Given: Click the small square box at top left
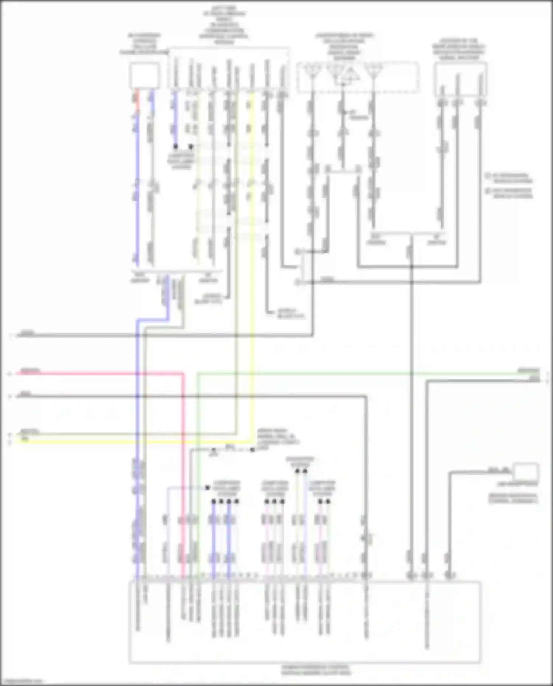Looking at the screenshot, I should click(144, 76).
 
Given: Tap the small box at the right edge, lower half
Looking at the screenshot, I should click(526, 471).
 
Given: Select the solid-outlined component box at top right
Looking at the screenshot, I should click(460, 79).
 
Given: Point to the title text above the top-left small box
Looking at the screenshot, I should click(144, 45).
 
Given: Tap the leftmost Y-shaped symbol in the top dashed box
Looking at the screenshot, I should click(312, 70).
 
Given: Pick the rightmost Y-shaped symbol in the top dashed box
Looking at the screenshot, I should click(373, 70).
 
